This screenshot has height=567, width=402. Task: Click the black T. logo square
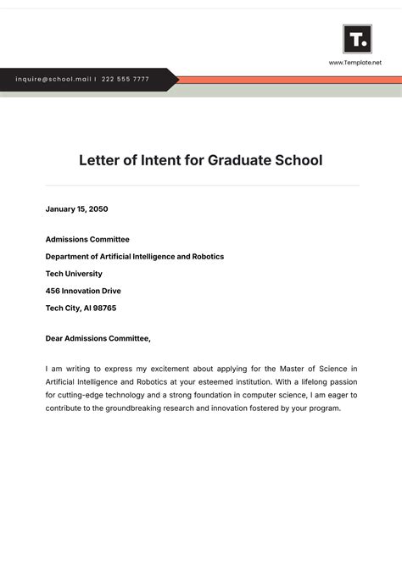357,39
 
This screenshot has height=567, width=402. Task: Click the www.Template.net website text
355,63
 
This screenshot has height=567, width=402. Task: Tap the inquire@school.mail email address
53,79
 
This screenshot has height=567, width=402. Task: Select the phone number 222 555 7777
125,79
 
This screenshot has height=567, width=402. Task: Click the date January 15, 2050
76,208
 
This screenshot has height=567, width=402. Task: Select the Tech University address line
74,274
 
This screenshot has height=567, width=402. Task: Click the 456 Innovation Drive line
83,291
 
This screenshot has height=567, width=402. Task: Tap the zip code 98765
102,308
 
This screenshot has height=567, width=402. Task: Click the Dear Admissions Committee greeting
98,338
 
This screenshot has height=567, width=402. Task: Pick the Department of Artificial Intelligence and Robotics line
134,256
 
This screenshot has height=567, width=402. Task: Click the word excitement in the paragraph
171,369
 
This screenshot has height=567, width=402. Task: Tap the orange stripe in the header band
288,79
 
